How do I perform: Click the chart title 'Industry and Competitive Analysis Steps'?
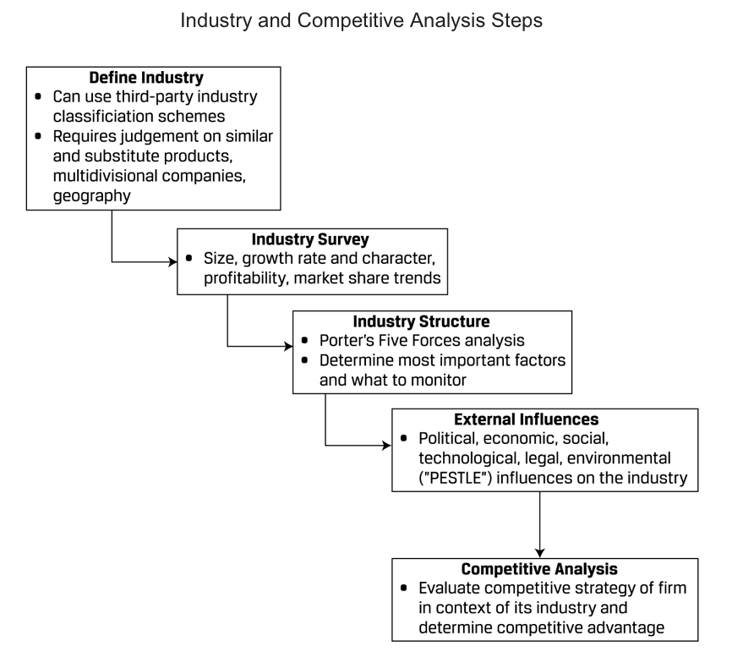365,20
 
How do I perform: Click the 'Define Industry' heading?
153,78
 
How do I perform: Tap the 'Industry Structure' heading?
421,322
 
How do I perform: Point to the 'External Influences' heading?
527,419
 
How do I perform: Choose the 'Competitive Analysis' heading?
545,569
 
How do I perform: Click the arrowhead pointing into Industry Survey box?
172,262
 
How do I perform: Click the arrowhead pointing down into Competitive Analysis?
540,553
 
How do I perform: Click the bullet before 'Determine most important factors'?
305,360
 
